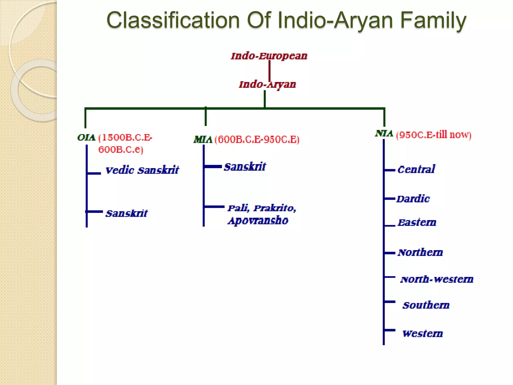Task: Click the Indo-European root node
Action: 269,56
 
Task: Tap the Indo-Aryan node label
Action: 267,84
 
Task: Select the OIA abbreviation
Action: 86,138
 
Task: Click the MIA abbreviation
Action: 203,140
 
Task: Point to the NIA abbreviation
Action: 384,134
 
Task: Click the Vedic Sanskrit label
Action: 142,170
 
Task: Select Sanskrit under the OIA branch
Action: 126,214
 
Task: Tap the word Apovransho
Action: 258,221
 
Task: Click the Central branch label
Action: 416,170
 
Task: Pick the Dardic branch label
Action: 413,199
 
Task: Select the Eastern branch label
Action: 417,223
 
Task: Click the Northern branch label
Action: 420,252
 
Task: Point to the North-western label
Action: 437,279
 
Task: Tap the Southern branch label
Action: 426,305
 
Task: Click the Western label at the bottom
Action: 423,334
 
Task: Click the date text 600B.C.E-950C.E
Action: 257,140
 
